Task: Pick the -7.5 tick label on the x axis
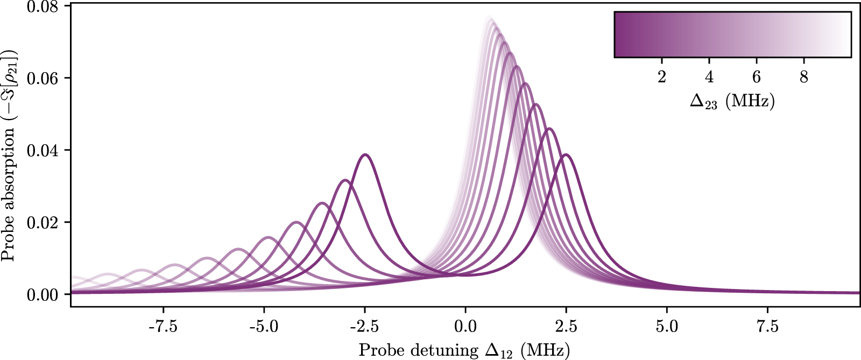tap(163, 327)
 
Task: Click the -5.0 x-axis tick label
tap(264, 327)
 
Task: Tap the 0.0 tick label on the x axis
tap(465, 327)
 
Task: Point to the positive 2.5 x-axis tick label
tap(566, 327)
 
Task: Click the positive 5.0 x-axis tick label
tap(667, 327)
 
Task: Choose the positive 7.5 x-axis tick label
tap(767, 327)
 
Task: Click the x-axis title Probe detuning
tap(464, 350)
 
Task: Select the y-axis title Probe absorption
tap(10, 156)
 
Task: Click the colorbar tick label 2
tap(662, 77)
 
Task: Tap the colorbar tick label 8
tap(804, 77)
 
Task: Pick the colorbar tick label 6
tap(757, 77)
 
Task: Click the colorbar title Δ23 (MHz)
tap(732, 101)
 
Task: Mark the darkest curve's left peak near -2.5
tap(365, 155)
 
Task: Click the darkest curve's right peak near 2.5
tap(566, 155)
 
